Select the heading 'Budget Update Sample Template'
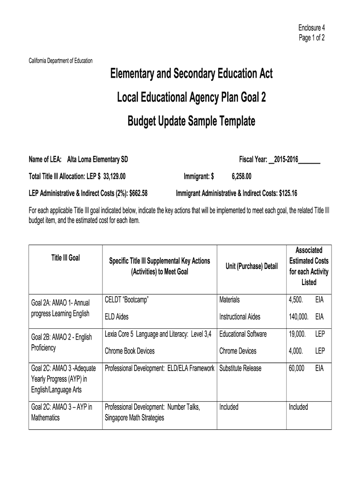pyautogui.click(x=191, y=122)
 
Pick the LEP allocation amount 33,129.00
pyautogui.click(x=114, y=176)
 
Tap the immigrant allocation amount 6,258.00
pyautogui.click(x=241, y=176)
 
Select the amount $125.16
pyautogui.click(x=288, y=193)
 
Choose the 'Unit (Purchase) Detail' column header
pyautogui.click(x=252, y=266)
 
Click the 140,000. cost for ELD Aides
pyautogui.click(x=299, y=317)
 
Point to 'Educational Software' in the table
pyautogui.click(x=243, y=334)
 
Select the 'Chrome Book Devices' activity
pyautogui.click(x=130, y=351)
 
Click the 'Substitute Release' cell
pyautogui.click(x=240, y=369)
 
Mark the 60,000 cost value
pyautogui.click(x=296, y=369)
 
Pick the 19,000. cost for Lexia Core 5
pyautogui.click(x=297, y=334)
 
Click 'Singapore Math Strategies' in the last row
pyautogui.click(x=134, y=417)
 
